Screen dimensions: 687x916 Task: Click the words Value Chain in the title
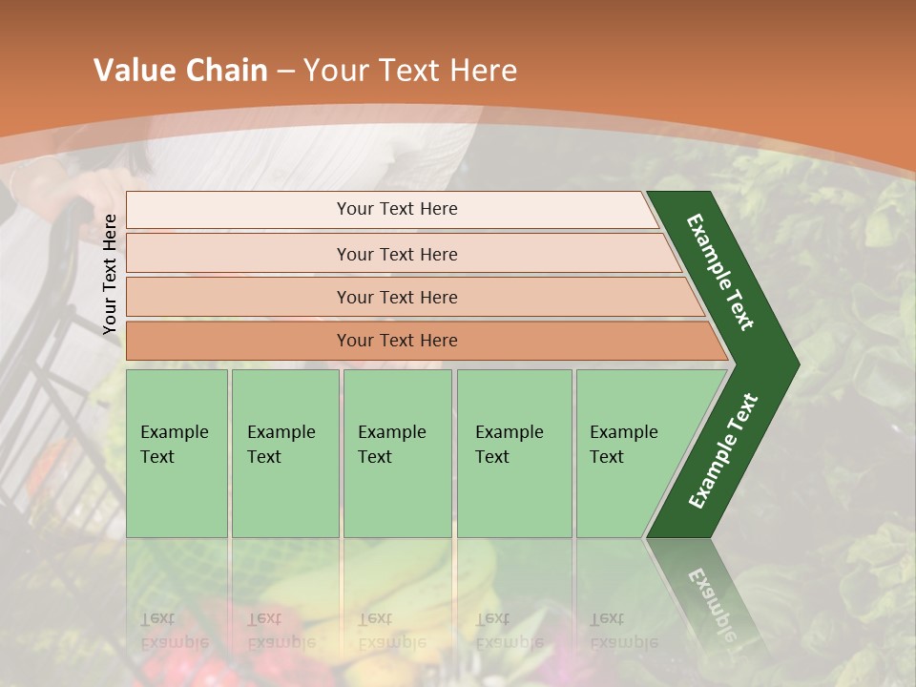point(180,71)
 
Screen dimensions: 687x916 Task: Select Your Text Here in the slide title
point(410,71)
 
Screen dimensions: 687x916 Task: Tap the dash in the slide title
point(285,72)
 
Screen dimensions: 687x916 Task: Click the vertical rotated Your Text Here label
point(110,274)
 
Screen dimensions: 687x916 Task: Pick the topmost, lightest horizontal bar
point(391,209)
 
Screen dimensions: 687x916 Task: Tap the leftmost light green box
point(177,453)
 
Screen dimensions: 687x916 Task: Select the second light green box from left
point(285,453)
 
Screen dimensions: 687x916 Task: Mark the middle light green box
point(397,453)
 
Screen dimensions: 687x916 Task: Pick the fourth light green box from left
point(514,453)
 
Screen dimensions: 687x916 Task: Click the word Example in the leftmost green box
point(174,432)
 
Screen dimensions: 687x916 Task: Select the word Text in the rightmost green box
point(606,457)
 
